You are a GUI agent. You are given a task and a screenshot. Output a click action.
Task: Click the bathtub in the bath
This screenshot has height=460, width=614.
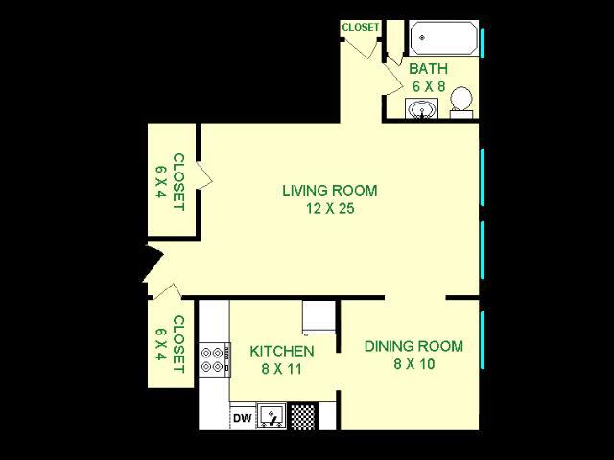[443, 38]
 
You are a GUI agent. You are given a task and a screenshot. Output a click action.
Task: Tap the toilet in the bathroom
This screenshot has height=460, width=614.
[460, 103]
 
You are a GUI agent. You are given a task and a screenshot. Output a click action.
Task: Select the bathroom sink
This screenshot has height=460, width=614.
[421, 108]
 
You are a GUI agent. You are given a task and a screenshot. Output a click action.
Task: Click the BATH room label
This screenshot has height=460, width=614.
[429, 69]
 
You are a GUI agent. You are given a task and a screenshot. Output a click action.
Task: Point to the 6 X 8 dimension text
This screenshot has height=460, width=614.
[429, 86]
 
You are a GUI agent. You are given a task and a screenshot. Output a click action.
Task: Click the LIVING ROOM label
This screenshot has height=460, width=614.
[330, 191]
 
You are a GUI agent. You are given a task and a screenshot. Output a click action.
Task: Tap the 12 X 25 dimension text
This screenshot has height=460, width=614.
[330, 209]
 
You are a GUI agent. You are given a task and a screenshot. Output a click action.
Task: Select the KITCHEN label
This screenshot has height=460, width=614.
[282, 352]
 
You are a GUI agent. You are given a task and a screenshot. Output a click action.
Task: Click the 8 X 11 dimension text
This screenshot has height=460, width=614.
[282, 369]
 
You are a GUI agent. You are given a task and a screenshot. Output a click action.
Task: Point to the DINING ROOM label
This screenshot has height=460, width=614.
[413, 346]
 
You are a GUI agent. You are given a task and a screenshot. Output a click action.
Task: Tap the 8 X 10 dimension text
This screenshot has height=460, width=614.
[414, 364]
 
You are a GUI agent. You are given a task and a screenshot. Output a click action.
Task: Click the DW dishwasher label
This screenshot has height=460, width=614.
[243, 418]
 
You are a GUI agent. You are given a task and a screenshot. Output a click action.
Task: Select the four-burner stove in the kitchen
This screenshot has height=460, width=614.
[215, 359]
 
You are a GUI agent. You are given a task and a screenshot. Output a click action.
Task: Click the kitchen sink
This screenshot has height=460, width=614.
[272, 415]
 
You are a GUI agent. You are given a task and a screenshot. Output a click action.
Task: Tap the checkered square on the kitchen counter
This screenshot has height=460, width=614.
[303, 416]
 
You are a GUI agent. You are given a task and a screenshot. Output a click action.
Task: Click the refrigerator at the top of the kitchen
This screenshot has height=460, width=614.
[319, 317]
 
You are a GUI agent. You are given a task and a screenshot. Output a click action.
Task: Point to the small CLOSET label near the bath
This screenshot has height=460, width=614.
[361, 28]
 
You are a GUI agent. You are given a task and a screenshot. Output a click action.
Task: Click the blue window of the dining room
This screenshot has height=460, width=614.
[483, 340]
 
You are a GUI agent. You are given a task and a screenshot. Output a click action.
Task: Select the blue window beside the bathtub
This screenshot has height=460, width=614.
[483, 43]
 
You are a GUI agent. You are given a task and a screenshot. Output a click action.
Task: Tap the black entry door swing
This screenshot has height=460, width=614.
[153, 262]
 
